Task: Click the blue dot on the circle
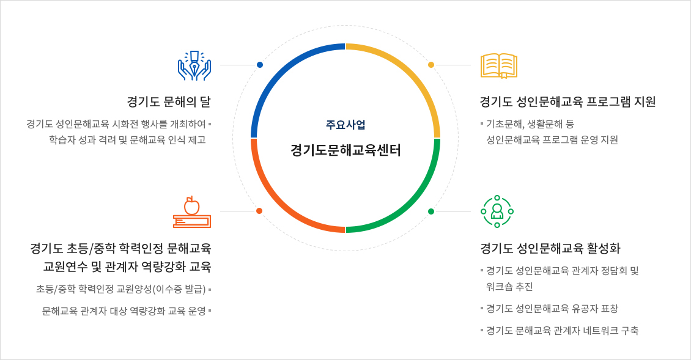(x=260, y=65)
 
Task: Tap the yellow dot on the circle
(x=431, y=65)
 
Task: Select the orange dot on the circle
(x=259, y=211)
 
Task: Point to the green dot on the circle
(x=431, y=211)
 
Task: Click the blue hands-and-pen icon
(x=194, y=65)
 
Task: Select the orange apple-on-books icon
(x=192, y=212)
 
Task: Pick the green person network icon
(x=497, y=211)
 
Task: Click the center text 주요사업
(x=345, y=125)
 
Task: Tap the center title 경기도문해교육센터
(x=345, y=150)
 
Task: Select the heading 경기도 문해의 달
(x=168, y=101)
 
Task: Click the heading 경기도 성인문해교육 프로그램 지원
(x=567, y=101)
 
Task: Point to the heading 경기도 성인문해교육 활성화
(x=550, y=248)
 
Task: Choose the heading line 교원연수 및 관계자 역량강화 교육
(x=127, y=266)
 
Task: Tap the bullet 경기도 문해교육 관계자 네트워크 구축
(x=562, y=331)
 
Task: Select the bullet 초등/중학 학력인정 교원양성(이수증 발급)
(x=120, y=289)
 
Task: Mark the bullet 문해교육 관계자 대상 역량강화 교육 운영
(x=124, y=311)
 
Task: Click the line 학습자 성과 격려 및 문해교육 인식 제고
(x=127, y=139)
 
